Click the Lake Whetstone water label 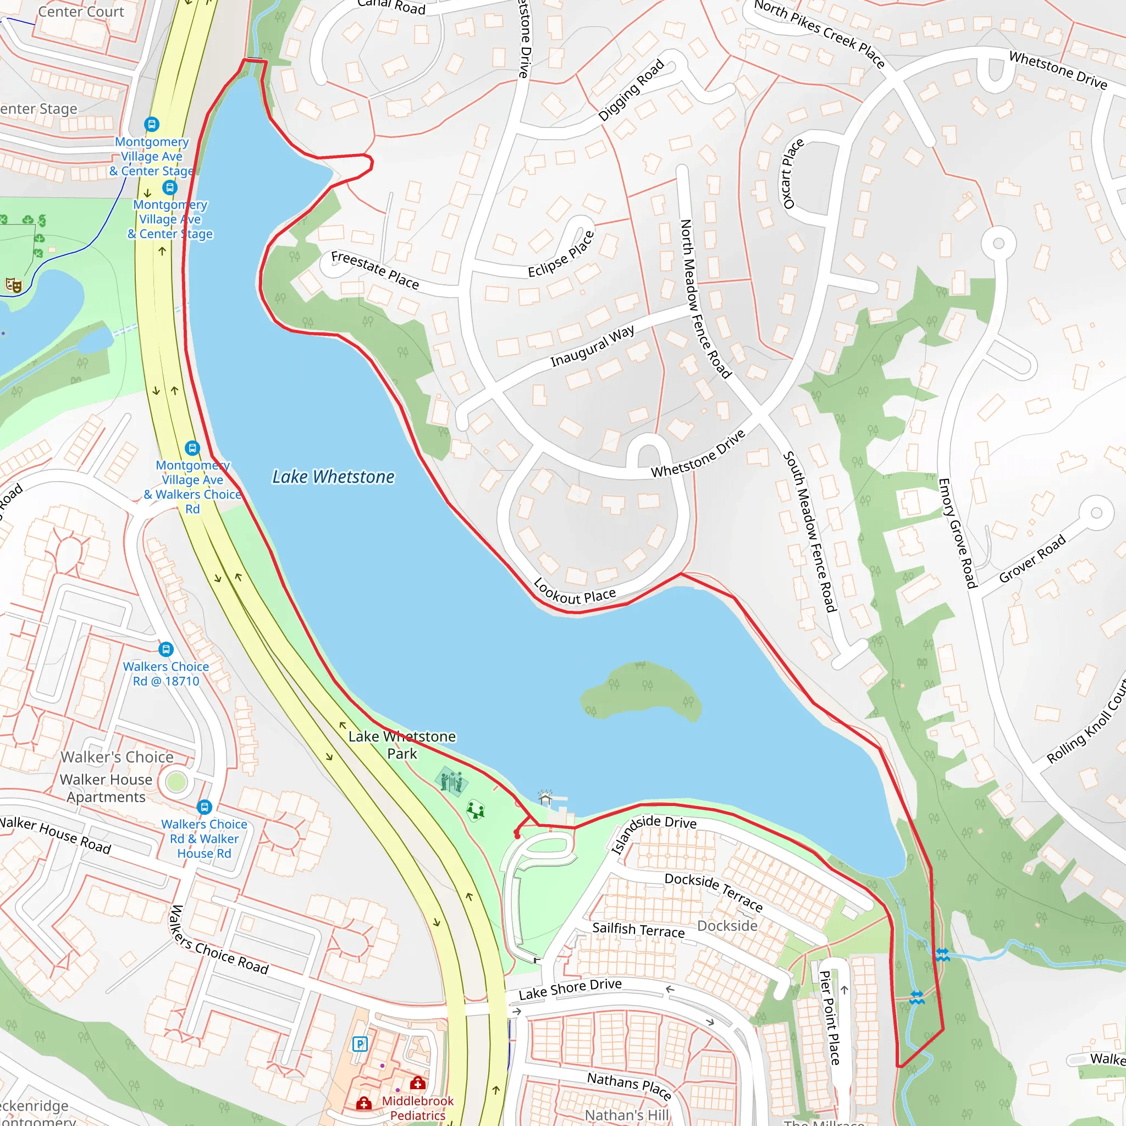333,477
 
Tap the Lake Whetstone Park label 402,745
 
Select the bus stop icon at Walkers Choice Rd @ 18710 166,649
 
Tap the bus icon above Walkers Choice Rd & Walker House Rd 204,807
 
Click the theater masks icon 13,285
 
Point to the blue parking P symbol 360,1045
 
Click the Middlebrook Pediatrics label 417,1108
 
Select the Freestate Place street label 375,271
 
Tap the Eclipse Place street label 561,254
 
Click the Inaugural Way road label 592,346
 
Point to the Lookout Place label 574,592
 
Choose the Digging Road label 631,90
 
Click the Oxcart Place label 793,174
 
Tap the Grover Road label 1032,559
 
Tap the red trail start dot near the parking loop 517,836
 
